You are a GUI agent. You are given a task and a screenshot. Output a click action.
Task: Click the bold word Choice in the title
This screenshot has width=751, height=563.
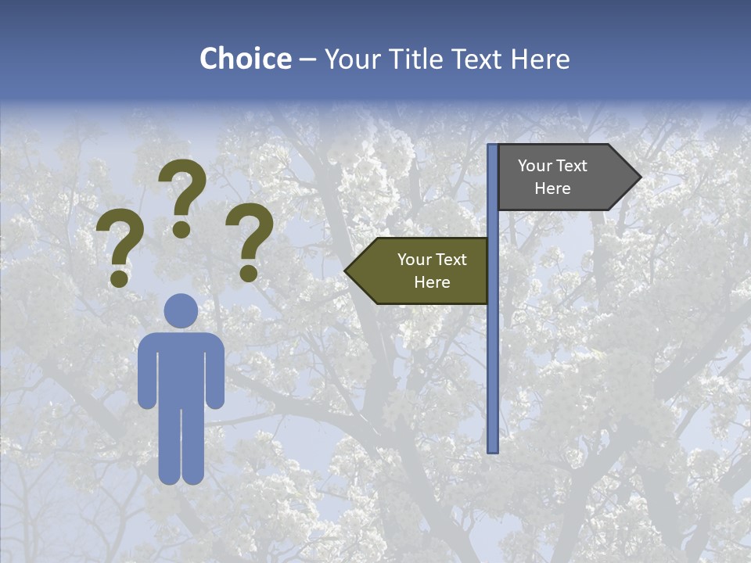(x=245, y=59)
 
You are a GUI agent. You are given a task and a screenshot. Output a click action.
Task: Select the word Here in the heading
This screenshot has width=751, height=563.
(x=540, y=59)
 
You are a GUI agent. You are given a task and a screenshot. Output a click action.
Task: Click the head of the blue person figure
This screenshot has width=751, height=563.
(x=181, y=310)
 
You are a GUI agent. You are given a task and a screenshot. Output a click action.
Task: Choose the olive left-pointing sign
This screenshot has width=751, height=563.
(x=422, y=271)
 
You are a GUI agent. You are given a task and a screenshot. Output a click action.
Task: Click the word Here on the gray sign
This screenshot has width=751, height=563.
(x=552, y=188)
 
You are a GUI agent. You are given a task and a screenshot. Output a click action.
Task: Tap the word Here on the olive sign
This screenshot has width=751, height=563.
(x=432, y=282)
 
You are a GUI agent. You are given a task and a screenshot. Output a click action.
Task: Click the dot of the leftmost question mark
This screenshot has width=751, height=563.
(x=120, y=278)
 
